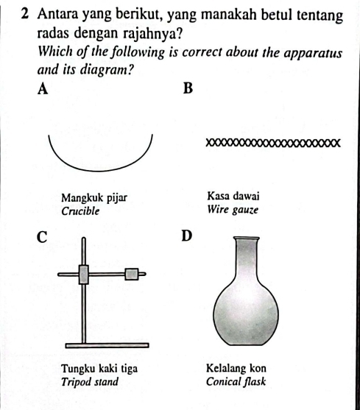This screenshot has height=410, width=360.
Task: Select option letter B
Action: pyautogui.click(x=187, y=90)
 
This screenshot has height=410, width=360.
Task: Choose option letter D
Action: pyautogui.click(x=186, y=236)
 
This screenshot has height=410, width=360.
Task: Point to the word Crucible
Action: pyautogui.click(x=81, y=211)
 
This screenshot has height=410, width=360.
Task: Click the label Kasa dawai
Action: pyautogui.click(x=232, y=197)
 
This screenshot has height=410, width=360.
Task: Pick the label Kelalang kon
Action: pyautogui.click(x=236, y=368)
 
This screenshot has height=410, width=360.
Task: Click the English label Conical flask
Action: pyautogui.click(x=236, y=381)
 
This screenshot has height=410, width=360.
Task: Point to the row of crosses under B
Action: pyautogui.click(x=272, y=143)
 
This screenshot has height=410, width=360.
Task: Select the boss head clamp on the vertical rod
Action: pyautogui.click(x=84, y=274)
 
